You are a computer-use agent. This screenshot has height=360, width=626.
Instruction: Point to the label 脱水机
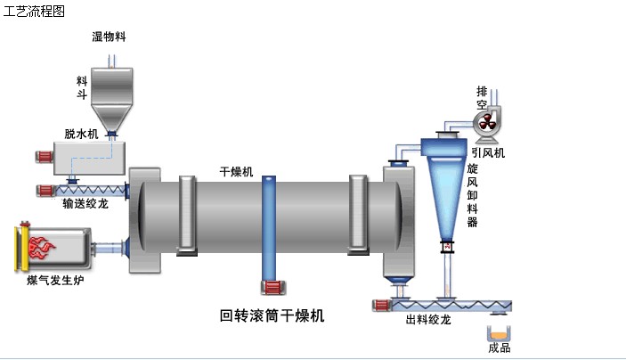81,134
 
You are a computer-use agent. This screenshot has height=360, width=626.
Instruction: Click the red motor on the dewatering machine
44,158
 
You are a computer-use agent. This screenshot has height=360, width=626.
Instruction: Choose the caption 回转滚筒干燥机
272,315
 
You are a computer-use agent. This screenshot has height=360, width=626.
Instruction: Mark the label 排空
482,98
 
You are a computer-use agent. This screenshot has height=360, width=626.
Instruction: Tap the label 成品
500,348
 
